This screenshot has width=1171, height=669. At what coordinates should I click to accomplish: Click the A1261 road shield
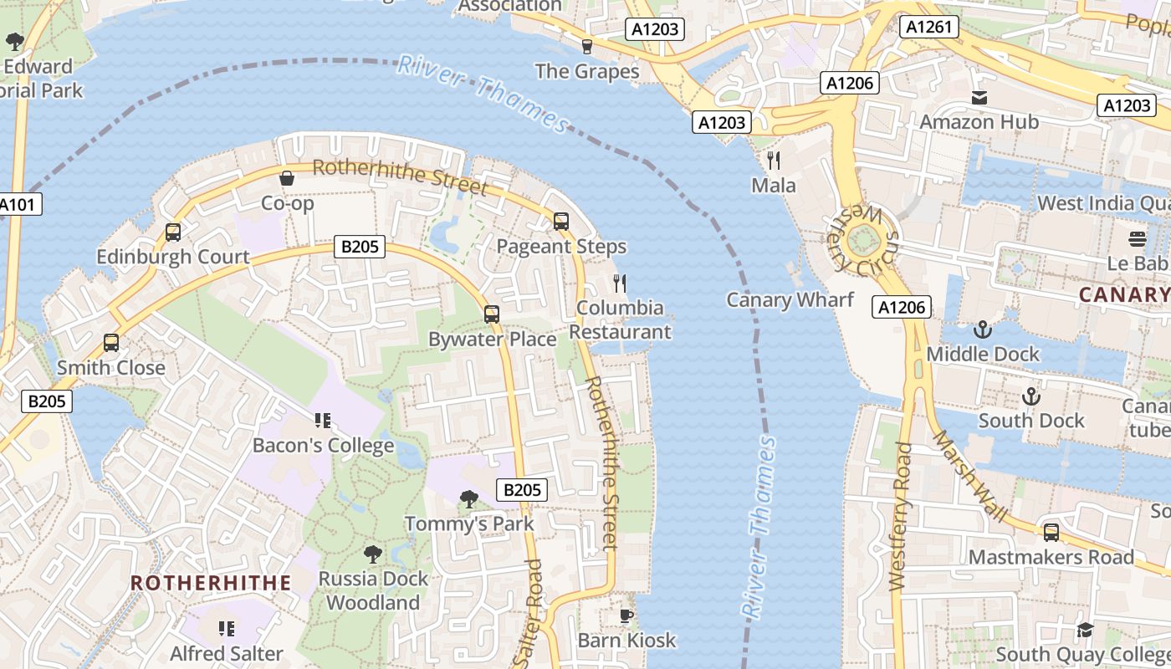[928, 28]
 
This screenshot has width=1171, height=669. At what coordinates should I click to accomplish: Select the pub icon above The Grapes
[587, 46]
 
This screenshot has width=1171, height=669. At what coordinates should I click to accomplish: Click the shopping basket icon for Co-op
[287, 178]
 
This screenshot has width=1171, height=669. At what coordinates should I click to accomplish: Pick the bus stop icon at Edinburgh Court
[173, 232]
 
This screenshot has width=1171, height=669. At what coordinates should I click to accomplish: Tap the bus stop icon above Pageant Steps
[561, 222]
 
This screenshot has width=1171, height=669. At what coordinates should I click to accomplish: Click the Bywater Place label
[492, 340]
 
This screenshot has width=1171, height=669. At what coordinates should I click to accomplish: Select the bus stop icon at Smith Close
[111, 343]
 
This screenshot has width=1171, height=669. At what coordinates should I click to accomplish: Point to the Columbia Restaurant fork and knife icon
[620, 283]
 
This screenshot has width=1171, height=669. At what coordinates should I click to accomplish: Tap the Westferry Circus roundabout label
[862, 243]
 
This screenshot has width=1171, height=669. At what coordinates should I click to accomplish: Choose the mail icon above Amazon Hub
[979, 98]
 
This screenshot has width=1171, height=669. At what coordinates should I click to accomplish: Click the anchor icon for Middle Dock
[983, 329]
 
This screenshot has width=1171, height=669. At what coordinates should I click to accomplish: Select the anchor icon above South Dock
[1031, 396]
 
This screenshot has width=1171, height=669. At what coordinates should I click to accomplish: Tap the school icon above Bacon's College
[323, 421]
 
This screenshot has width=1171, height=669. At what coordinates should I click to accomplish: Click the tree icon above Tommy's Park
[469, 499]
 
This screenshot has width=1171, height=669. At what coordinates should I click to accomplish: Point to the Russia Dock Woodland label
[373, 590]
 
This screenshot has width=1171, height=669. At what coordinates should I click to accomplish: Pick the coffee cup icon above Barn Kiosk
[626, 616]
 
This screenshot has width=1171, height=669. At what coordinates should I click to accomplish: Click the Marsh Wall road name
[969, 476]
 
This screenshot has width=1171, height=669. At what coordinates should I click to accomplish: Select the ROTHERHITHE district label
[211, 583]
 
